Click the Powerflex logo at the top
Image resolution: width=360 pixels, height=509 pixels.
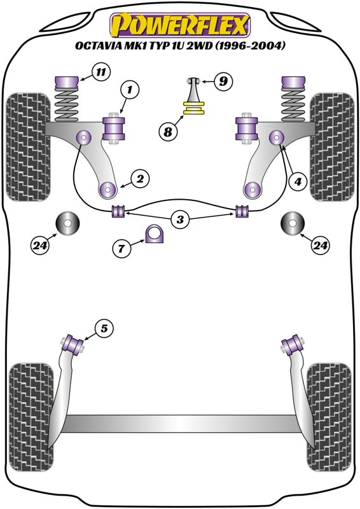(180, 26)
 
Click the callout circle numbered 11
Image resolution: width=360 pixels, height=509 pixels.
(100, 71)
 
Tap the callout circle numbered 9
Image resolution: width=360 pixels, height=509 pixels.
(223, 81)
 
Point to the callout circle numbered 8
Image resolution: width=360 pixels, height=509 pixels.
(168, 132)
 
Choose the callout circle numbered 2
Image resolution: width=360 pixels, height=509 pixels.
(140, 179)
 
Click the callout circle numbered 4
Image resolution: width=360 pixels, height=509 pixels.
(296, 181)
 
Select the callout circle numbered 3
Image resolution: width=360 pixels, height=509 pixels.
(181, 220)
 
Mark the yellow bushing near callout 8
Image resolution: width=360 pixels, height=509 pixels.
(193, 110)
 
